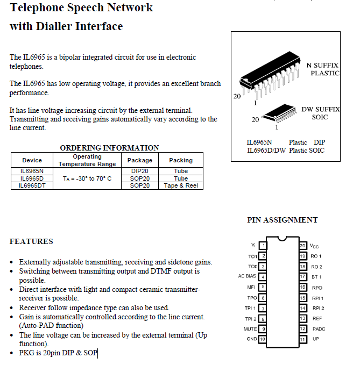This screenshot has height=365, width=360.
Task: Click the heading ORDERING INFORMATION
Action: (x=109, y=148)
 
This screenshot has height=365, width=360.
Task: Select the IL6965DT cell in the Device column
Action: (x=32, y=185)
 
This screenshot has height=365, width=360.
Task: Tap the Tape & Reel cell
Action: (x=181, y=185)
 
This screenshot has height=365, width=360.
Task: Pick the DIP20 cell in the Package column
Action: (x=140, y=171)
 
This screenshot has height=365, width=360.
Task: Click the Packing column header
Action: (x=181, y=160)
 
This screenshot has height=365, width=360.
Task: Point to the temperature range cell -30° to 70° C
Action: (x=87, y=178)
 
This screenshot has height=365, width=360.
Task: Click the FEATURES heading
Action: (x=31, y=241)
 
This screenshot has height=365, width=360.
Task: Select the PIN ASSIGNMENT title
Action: (x=282, y=220)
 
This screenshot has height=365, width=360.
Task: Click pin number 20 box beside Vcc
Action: (x=302, y=246)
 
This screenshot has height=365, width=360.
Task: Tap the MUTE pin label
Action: (x=250, y=329)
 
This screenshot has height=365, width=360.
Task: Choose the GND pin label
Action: (x=251, y=339)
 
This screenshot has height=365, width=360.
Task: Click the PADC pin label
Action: (x=319, y=329)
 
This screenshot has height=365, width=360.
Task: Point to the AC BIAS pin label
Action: (x=248, y=277)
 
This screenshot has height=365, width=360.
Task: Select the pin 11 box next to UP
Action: (x=302, y=339)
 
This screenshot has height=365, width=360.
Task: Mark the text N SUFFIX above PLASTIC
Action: (x=323, y=65)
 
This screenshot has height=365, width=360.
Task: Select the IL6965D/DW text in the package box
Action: (x=266, y=151)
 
